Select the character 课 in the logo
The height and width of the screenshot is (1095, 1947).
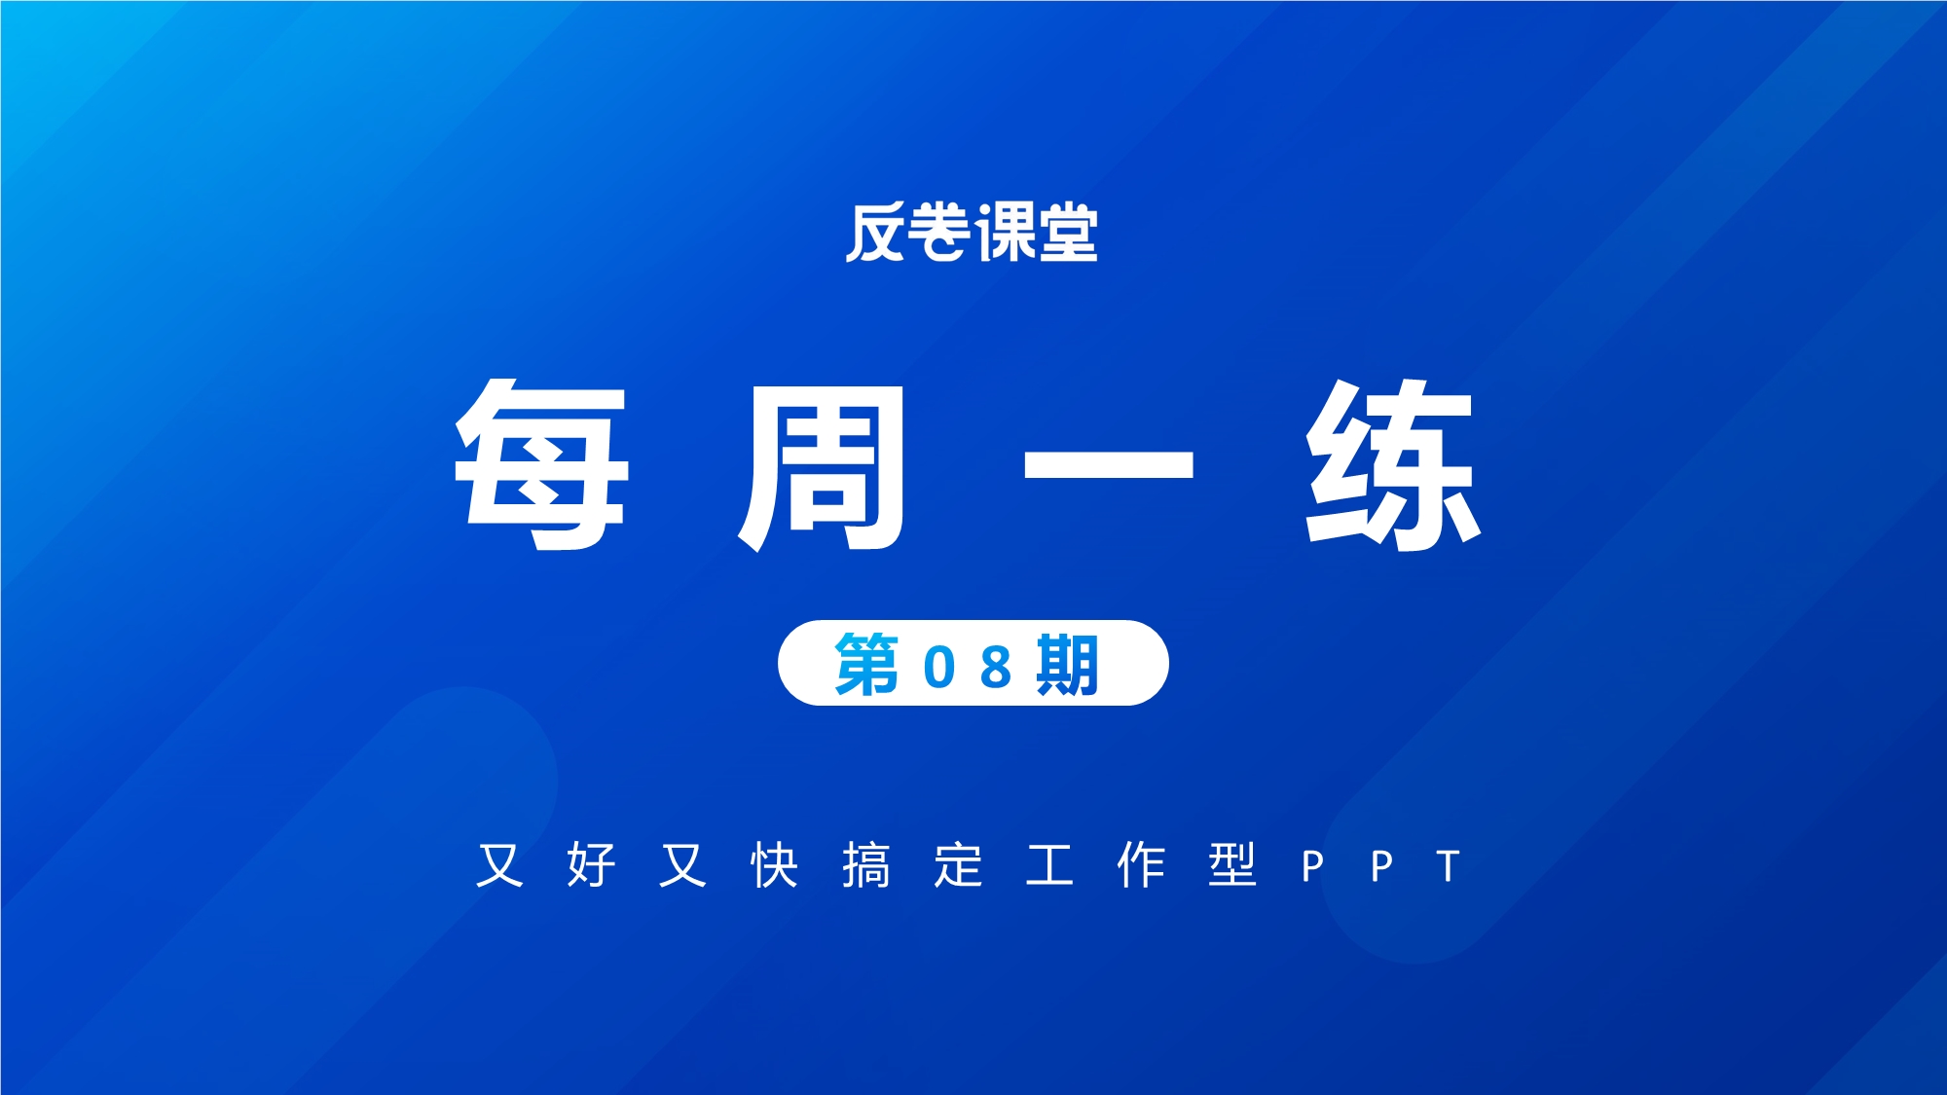[x=1005, y=233]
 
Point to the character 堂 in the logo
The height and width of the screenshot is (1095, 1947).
[x=1068, y=233]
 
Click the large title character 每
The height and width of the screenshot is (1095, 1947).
[x=542, y=465]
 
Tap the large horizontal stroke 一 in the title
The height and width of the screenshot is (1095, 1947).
[x=1108, y=464]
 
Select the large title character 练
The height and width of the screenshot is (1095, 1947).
[x=1393, y=465]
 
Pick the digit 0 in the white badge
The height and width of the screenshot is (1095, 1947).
[x=939, y=668]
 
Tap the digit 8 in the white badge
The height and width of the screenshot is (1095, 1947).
[x=996, y=668]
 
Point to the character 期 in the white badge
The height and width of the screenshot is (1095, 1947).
[x=1068, y=665]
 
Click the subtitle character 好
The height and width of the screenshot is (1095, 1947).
[x=592, y=864]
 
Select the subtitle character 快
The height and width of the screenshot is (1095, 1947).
[x=775, y=864]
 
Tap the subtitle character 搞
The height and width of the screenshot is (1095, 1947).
[x=866, y=864]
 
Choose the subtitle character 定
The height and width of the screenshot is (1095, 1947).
[x=958, y=864]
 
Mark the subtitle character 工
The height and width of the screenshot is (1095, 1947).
[x=1049, y=865]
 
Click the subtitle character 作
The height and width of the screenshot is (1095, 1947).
[x=1141, y=864]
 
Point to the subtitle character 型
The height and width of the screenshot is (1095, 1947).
[x=1232, y=864]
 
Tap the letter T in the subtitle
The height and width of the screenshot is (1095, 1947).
[x=1449, y=865]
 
